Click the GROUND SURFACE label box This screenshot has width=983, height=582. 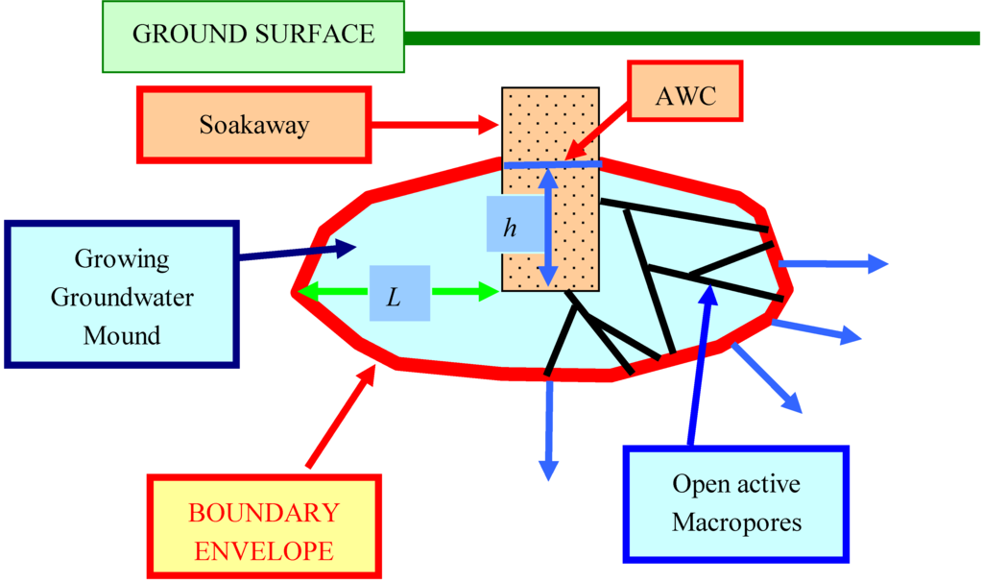[253, 36]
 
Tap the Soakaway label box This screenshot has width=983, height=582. [254, 125]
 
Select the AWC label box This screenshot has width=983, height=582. [685, 97]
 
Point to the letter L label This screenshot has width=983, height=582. [395, 295]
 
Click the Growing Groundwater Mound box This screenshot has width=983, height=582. [121, 294]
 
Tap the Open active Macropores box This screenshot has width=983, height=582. [737, 503]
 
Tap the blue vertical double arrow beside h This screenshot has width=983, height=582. [547, 227]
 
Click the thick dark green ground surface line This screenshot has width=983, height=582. [691, 38]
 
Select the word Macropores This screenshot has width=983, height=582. [737, 523]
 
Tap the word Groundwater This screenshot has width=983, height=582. [122, 297]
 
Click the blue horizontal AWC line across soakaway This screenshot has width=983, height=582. [553, 165]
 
